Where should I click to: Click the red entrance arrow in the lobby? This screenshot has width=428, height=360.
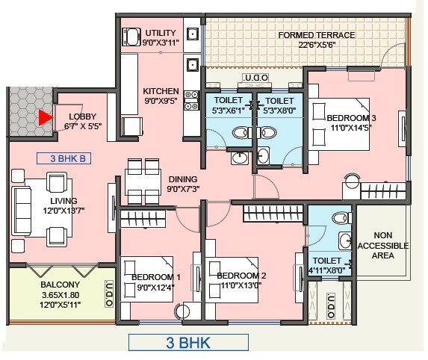(46, 118)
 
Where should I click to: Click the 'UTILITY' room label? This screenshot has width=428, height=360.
(161, 34)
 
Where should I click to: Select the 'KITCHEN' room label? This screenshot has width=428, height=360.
(161, 91)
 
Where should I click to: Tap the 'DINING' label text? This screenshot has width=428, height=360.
(182, 179)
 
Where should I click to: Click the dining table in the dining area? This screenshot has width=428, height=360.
(144, 179)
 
